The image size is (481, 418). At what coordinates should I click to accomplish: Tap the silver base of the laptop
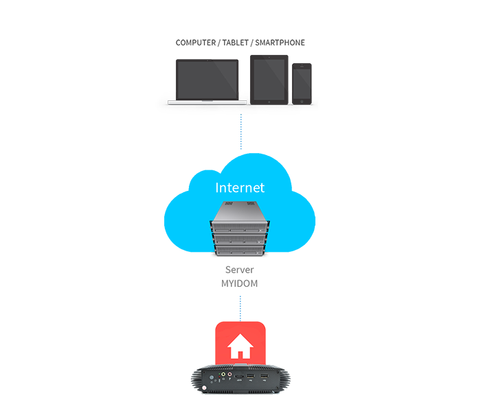tap(207, 102)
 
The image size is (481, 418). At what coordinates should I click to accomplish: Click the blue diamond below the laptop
tap(237, 133)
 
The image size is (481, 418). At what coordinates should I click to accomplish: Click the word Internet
tap(240, 187)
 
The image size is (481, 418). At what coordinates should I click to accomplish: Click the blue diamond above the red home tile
tap(240, 304)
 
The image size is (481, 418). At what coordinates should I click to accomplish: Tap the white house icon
tap(240, 346)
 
